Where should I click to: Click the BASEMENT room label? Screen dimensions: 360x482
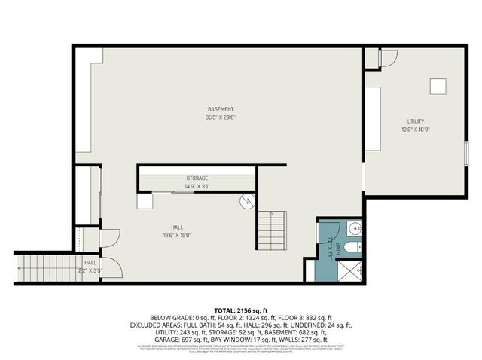point(220,109)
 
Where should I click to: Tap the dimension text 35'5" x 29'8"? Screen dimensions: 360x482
point(220,117)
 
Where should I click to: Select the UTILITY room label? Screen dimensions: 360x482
point(416,121)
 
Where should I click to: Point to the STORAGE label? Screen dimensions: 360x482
point(197,178)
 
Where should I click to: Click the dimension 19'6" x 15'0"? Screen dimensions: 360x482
point(177,235)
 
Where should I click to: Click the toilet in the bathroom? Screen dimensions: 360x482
point(358,246)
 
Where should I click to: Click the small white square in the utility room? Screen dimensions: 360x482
point(438,87)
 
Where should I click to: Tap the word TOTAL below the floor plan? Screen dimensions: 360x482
point(226,310)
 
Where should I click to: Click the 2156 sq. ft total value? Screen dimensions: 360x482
point(255,310)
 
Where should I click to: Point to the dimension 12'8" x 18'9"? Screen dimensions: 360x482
point(416,130)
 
